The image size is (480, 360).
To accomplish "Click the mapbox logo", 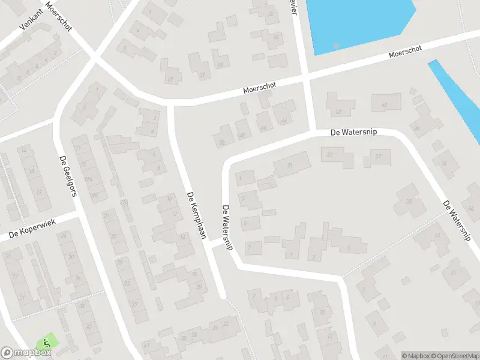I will point(26,353).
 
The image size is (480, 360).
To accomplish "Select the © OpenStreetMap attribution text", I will point(449,356).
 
